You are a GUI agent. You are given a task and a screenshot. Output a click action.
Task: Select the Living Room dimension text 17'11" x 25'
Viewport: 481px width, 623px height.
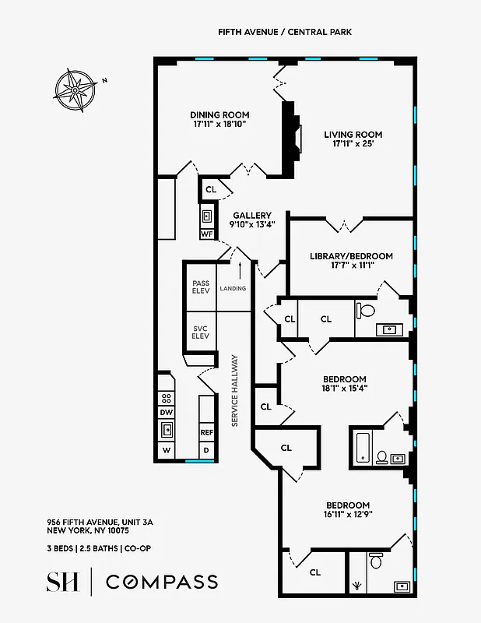point(353,143)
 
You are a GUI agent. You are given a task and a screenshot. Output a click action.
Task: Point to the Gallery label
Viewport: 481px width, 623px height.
point(252,216)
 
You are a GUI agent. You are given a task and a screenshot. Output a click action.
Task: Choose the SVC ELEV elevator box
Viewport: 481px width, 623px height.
point(200,332)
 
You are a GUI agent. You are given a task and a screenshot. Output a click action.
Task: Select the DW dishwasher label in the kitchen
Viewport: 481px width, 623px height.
point(166,412)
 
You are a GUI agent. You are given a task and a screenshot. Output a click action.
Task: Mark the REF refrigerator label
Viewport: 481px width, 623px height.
point(207,432)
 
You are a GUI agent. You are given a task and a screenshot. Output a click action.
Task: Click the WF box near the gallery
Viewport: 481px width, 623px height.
point(207,234)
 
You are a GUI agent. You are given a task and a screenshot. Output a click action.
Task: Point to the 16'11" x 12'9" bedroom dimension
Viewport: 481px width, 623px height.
point(348,514)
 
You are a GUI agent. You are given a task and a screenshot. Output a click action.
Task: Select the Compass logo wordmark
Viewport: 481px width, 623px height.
point(161,582)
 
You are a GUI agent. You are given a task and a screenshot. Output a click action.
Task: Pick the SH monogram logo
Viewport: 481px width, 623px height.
point(62,582)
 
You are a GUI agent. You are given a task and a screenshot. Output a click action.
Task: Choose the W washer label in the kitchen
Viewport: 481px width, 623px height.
point(166,450)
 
